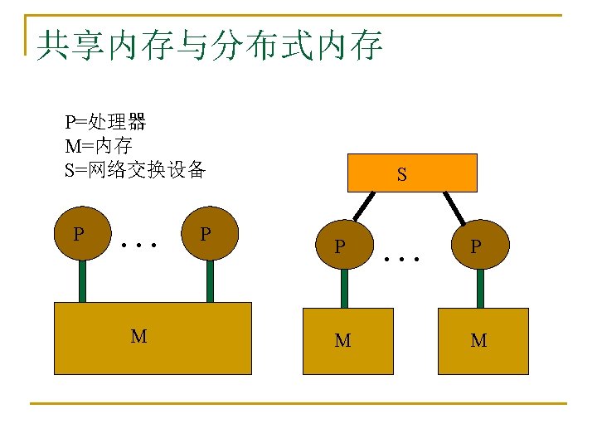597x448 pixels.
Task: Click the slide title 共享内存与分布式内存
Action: (x=209, y=46)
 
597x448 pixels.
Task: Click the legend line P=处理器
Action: (x=105, y=123)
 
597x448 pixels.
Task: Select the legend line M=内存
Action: (x=99, y=147)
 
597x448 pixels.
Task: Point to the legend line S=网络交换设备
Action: (x=135, y=171)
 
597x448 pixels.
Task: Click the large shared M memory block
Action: (x=153, y=338)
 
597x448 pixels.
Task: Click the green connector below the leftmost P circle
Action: (x=82, y=282)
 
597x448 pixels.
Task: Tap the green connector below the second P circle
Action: (x=210, y=282)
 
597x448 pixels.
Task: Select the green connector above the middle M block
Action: (x=344, y=289)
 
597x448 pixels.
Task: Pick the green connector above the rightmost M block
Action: (x=480, y=289)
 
